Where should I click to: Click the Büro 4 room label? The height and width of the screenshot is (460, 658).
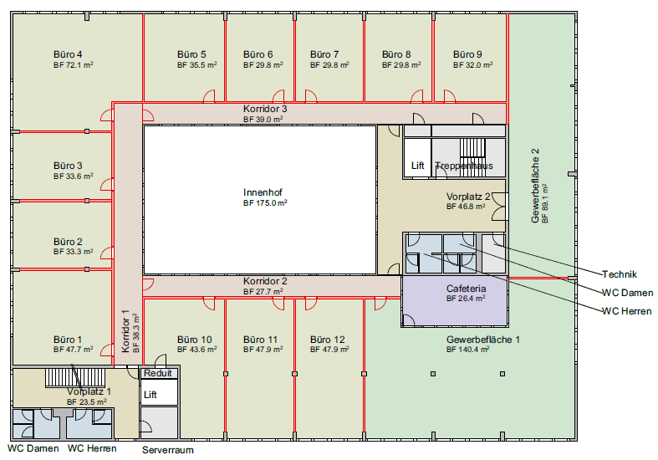68,54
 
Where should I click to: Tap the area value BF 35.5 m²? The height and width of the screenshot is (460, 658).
196,65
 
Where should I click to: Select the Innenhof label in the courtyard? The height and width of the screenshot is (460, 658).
263,192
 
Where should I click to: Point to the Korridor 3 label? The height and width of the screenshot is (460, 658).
265,109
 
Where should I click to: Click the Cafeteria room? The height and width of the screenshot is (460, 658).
455,300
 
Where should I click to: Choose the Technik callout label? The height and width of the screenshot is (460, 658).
620,274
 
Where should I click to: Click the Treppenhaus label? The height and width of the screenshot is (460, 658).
464,166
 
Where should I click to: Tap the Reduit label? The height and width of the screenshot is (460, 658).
158,373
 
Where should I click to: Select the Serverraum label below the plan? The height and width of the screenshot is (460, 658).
168,450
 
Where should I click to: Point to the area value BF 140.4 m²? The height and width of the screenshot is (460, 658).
468,350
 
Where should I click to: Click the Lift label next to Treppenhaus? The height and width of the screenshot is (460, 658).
417,166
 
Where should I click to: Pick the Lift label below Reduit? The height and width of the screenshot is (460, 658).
150,395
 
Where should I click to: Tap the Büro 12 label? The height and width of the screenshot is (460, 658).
327,340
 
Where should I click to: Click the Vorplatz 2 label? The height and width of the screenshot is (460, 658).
468,197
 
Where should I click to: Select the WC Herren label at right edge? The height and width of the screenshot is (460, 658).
627,311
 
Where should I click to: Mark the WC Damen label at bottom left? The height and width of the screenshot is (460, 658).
33,448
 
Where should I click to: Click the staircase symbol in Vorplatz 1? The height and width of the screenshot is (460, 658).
75,377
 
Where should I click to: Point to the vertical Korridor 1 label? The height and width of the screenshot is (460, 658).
125,331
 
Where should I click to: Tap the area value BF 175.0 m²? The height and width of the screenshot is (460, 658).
265,203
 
